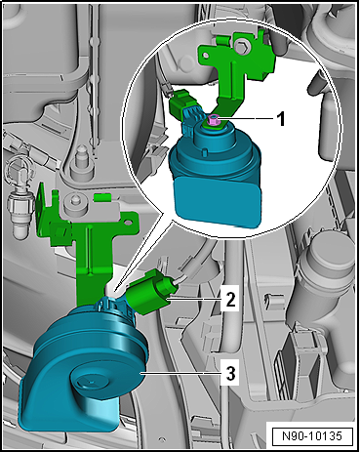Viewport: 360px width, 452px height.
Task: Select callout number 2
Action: point(228,299)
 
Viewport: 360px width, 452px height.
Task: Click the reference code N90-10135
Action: point(311,434)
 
